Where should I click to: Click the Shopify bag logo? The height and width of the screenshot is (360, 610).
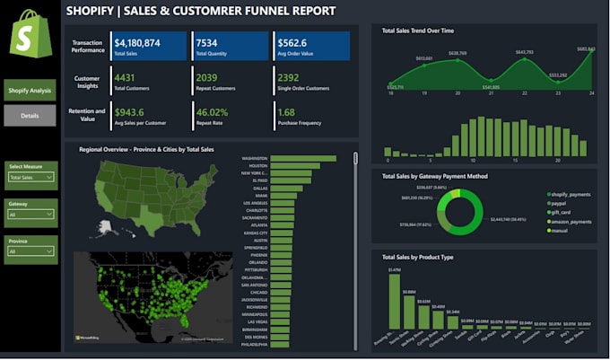(x=30, y=35)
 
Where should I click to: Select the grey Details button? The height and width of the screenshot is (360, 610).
(x=30, y=116)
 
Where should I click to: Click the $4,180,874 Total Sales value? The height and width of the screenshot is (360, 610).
(x=137, y=42)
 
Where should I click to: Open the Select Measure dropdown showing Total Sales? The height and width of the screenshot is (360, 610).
(x=31, y=178)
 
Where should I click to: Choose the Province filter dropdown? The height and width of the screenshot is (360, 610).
(x=31, y=251)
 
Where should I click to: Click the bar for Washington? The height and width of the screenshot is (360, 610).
(x=302, y=159)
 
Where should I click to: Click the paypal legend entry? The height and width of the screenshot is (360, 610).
(x=562, y=204)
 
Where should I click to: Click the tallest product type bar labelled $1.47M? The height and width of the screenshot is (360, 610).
(x=394, y=302)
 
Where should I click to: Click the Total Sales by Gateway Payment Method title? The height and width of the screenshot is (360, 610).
(x=435, y=177)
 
